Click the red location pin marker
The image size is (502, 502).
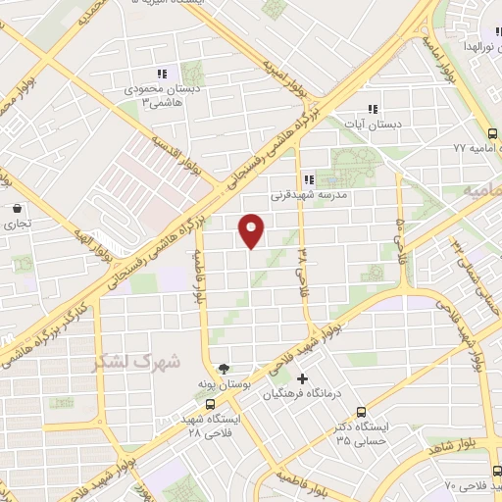252,229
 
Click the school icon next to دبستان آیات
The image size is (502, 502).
372,109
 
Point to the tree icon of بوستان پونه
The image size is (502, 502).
226,370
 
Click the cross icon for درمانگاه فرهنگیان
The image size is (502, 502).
302,378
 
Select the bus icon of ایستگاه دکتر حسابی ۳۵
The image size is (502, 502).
361,412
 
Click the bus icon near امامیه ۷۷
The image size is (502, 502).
492,134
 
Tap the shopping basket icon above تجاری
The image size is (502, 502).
18,208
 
